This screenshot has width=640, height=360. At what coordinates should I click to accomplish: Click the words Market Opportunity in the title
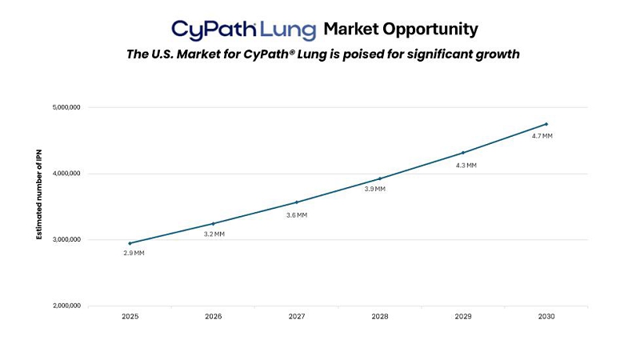click(401, 30)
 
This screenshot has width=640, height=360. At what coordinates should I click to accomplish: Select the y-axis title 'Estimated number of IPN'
click(38, 206)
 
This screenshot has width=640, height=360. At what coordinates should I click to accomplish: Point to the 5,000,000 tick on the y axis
click(66, 107)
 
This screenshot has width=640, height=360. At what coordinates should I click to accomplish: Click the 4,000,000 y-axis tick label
click(66, 174)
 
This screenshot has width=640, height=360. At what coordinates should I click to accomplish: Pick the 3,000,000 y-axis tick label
click(66, 240)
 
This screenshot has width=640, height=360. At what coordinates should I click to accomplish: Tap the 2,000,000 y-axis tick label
click(66, 306)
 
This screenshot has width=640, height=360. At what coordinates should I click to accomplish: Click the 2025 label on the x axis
click(130, 317)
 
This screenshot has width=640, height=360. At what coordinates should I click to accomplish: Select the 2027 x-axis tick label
click(297, 317)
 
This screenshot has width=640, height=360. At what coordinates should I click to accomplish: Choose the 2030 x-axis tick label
click(546, 317)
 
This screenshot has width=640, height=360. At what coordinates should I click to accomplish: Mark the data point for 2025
click(130, 243)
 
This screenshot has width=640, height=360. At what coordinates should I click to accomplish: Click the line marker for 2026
click(214, 223)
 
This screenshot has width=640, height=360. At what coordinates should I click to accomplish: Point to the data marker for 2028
click(380, 178)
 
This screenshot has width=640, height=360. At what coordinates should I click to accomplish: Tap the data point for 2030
click(546, 124)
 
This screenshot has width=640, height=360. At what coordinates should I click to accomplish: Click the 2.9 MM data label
click(134, 254)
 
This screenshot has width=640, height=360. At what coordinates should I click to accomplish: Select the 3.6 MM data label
click(297, 215)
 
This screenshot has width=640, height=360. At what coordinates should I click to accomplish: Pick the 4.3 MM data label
click(466, 166)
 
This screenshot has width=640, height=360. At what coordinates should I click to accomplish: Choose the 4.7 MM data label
click(542, 136)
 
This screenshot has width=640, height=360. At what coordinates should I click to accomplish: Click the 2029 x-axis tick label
click(463, 317)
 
